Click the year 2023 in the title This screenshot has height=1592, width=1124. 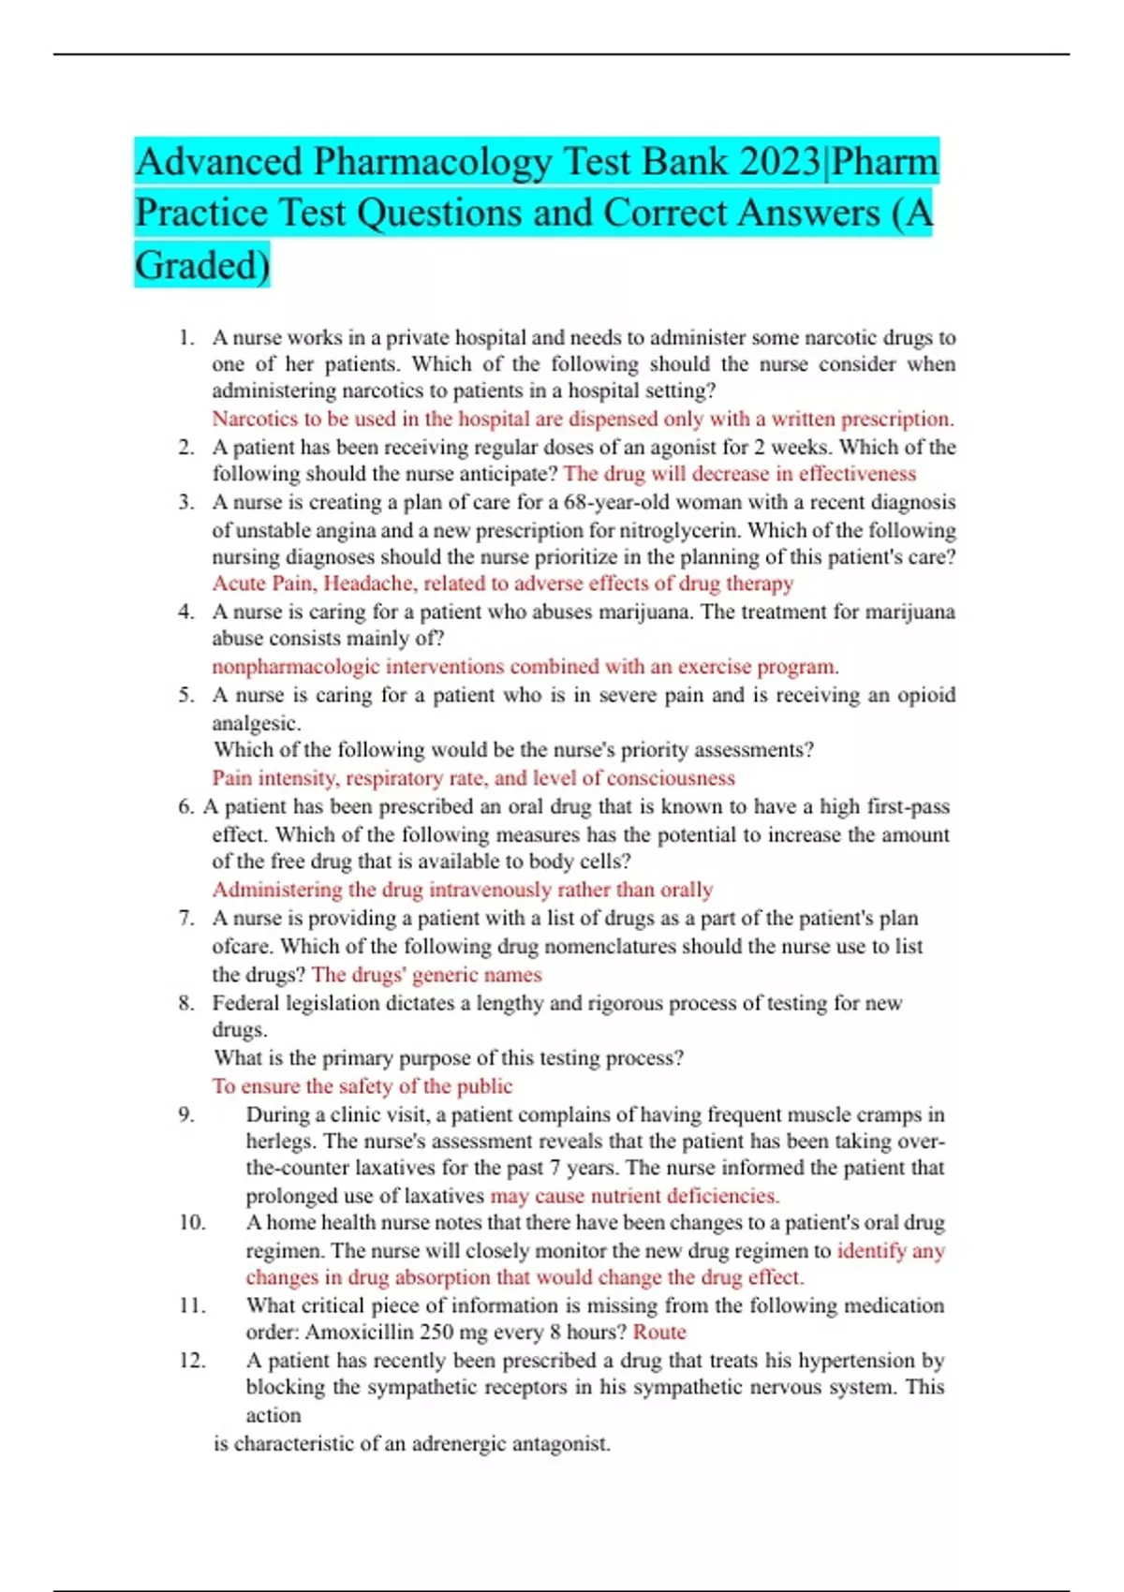click(x=778, y=162)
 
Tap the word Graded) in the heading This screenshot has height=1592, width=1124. click(x=202, y=265)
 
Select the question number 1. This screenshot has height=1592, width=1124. click(x=186, y=337)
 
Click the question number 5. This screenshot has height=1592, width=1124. click(x=186, y=695)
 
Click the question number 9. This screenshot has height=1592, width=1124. click(x=186, y=1114)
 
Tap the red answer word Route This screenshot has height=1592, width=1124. click(x=659, y=1333)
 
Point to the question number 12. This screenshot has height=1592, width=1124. click(x=192, y=1361)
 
